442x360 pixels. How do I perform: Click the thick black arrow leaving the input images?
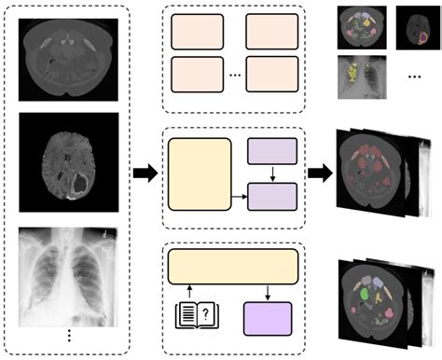tap(145, 173)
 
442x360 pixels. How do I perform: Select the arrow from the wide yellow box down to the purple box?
tap(267, 288)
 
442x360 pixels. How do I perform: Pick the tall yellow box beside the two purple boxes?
tap(200, 173)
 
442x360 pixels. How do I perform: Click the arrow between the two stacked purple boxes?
tap(272, 173)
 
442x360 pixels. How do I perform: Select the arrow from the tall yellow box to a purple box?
tap(240, 196)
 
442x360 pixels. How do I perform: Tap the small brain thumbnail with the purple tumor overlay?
tap(416, 26)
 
